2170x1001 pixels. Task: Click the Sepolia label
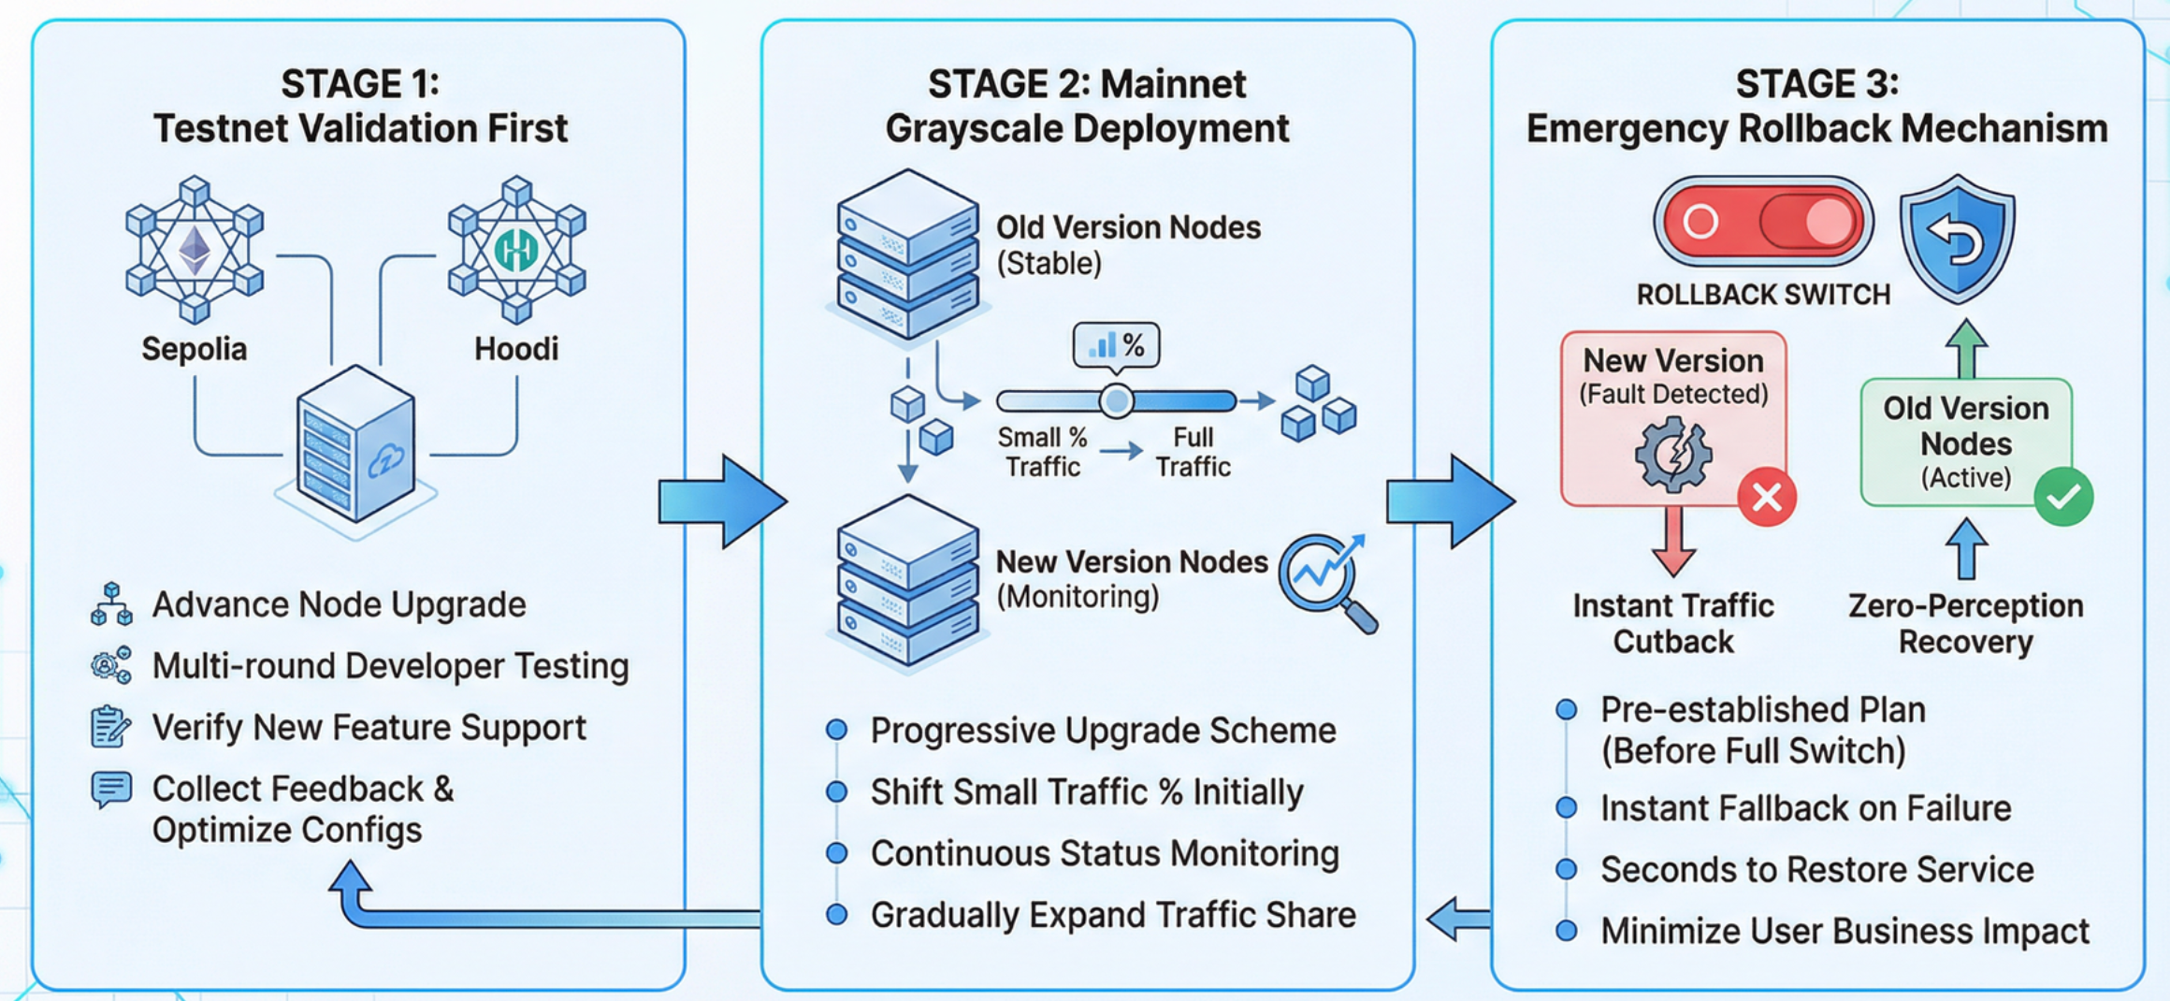194,349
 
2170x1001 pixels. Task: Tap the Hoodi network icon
516,249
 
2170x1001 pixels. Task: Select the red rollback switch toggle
1763,223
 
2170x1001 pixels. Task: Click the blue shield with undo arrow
1957,239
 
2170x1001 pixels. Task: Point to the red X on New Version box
1766,497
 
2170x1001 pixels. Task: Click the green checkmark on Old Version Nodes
2063,497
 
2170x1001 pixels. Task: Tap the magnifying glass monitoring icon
1326,580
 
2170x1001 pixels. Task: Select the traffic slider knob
1116,401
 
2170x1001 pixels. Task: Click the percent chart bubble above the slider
1116,345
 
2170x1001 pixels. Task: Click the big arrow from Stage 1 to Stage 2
721,501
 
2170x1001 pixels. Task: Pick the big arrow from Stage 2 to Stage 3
1450,501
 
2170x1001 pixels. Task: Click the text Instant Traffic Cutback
1673,623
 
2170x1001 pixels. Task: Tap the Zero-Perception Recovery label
1966,623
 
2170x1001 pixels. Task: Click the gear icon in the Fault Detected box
1673,455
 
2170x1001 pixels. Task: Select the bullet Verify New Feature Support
369,727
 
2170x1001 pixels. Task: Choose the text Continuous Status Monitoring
1105,853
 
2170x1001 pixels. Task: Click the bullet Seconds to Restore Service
1816,869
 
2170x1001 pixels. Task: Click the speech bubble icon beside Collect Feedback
111,790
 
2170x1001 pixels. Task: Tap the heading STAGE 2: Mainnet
1087,84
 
